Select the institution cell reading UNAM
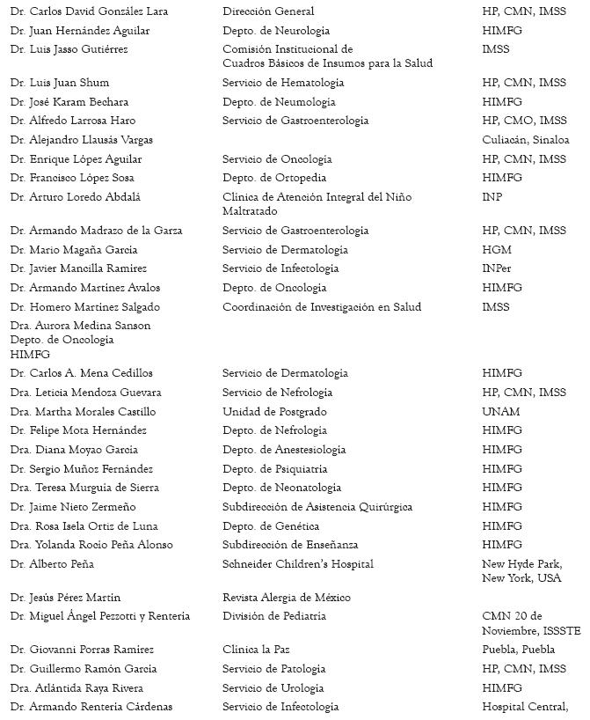click(500, 412)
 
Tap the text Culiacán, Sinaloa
click(525, 140)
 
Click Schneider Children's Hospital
click(297, 564)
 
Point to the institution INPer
click(497, 268)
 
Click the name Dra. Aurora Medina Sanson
click(80, 326)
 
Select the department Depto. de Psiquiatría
click(274, 469)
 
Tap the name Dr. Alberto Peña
click(52, 564)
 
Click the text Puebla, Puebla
click(518, 650)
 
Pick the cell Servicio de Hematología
click(283, 83)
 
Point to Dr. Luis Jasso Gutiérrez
click(69, 49)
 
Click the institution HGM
click(497, 250)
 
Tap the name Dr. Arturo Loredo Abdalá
click(75, 197)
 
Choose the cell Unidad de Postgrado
click(274, 412)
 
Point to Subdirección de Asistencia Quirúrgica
click(317, 507)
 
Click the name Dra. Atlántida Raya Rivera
click(76, 688)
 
